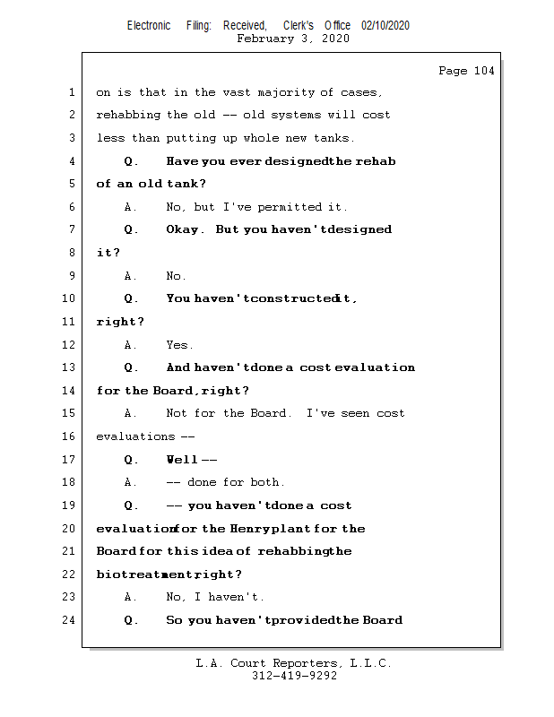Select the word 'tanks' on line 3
click(x=334, y=139)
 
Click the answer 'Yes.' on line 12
click(x=179, y=345)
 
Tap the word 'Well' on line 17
click(x=181, y=460)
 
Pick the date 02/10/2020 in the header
click(x=385, y=26)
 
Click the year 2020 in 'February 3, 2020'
click(x=334, y=39)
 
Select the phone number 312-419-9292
click(x=294, y=677)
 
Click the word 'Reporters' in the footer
click(x=306, y=664)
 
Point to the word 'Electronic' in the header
click(x=149, y=26)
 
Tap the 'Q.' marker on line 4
click(x=131, y=161)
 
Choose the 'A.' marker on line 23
click(x=131, y=598)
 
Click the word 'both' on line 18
click(x=267, y=483)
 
